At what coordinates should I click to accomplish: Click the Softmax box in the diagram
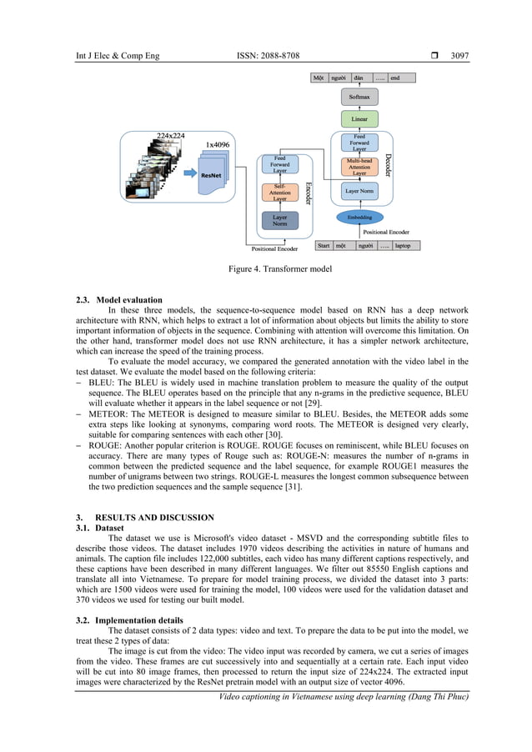tap(359, 98)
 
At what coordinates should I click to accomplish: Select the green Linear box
tap(359, 119)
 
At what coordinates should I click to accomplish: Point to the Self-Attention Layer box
tap(279, 193)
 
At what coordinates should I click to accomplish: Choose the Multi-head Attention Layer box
tap(359, 165)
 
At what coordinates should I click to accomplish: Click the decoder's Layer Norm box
tap(359, 191)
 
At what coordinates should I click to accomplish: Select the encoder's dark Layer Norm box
tap(279, 220)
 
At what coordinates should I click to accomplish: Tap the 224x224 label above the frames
tap(171, 135)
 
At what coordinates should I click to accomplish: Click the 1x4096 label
tap(218, 145)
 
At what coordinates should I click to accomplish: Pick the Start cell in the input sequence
tap(324, 246)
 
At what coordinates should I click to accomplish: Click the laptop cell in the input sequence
tap(403, 246)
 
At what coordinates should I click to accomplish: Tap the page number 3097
tap(459, 57)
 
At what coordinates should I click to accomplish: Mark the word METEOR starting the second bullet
tap(106, 414)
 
